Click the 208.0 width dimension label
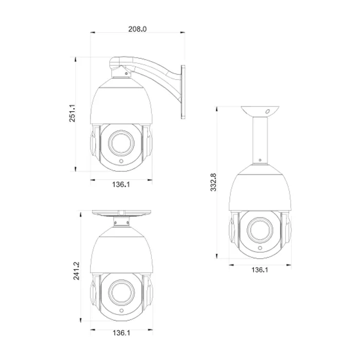pyautogui.click(x=137, y=29)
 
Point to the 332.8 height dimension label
pyautogui.click(x=213, y=182)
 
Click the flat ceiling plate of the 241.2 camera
pyautogui.click(x=121, y=212)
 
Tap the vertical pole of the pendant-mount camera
pyautogui.click(x=259, y=139)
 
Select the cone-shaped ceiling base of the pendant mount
pyautogui.click(x=259, y=110)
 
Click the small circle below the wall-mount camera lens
pyautogui.click(x=121, y=161)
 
